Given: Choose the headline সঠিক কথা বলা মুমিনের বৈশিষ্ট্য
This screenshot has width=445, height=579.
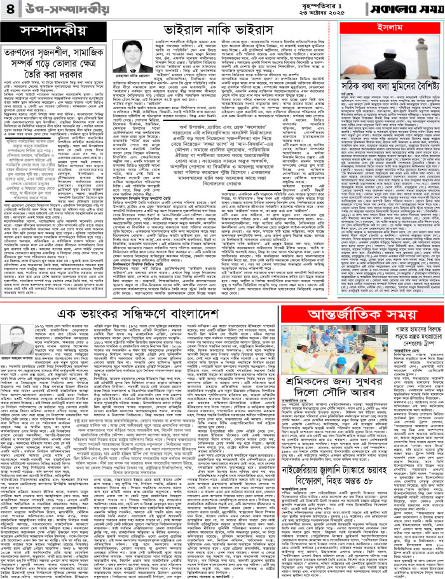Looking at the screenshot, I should coord(387,105).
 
